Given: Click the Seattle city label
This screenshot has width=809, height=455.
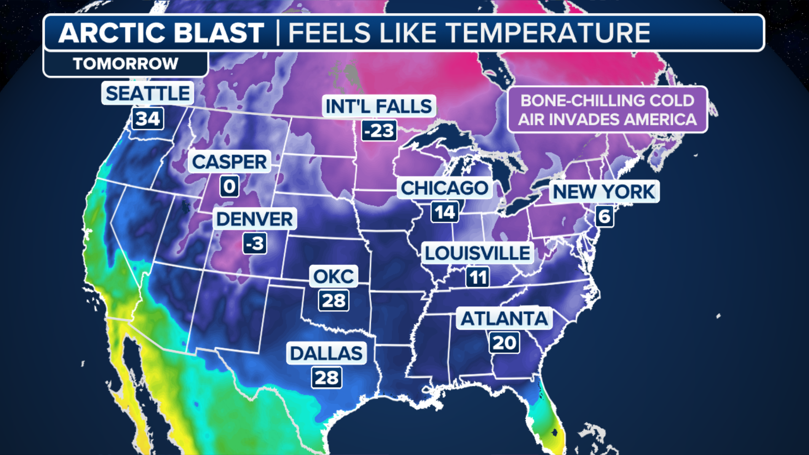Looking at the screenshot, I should (x=147, y=93).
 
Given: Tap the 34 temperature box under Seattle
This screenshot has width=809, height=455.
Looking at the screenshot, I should (x=147, y=118).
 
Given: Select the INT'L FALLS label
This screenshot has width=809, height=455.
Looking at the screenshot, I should (x=378, y=106).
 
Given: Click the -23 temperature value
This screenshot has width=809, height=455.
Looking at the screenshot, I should (x=379, y=131).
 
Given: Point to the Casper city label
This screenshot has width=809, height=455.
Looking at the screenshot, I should (x=229, y=162).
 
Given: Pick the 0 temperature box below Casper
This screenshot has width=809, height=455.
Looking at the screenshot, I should (x=230, y=186).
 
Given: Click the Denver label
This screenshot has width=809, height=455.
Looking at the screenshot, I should (x=254, y=219).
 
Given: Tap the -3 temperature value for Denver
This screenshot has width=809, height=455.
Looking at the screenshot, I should (x=255, y=244).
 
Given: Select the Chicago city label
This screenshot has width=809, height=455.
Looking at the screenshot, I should (x=445, y=188).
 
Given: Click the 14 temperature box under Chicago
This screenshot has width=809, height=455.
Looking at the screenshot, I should (x=445, y=212).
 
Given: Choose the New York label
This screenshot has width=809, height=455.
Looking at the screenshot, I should (x=604, y=192).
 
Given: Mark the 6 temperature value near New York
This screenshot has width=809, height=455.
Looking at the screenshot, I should (x=604, y=217).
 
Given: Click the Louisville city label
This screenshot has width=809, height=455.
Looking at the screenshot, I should (x=477, y=253).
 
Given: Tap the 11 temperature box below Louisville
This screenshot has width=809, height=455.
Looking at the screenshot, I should (x=478, y=277).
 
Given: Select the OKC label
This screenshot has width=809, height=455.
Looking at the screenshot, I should (x=333, y=276).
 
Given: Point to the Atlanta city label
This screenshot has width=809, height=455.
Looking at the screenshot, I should (x=504, y=318).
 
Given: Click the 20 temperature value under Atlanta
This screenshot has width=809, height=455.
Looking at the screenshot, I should (x=504, y=343).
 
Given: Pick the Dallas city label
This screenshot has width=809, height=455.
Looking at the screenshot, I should (x=326, y=353).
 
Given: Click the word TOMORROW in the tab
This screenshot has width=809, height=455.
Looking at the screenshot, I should (x=126, y=64).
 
